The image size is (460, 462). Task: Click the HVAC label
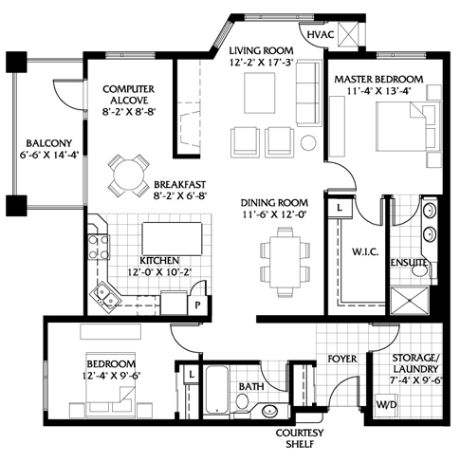click(x=321, y=34)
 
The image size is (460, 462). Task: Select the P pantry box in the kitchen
click(x=197, y=305)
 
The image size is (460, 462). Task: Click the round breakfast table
click(x=128, y=176)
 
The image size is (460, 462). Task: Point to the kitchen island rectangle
click(x=172, y=239)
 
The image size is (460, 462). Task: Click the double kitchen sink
click(x=106, y=296)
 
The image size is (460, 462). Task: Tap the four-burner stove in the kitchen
click(x=98, y=247)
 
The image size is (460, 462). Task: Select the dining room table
click(x=285, y=262)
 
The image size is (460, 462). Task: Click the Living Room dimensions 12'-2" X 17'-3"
click(x=261, y=63)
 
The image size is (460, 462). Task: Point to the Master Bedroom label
click(x=378, y=79)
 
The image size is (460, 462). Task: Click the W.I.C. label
click(x=365, y=252)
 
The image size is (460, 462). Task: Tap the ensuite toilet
click(x=421, y=271)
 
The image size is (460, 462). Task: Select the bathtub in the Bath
click(x=216, y=390)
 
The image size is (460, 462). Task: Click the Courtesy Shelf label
click(x=300, y=438)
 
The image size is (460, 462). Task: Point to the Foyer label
click(x=342, y=359)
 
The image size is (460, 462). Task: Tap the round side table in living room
click(x=308, y=143)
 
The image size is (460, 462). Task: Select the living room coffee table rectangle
click(x=259, y=93)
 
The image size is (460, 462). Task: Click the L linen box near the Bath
click(x=192, y=375)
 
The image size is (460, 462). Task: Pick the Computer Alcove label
click(x=128, y=95)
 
